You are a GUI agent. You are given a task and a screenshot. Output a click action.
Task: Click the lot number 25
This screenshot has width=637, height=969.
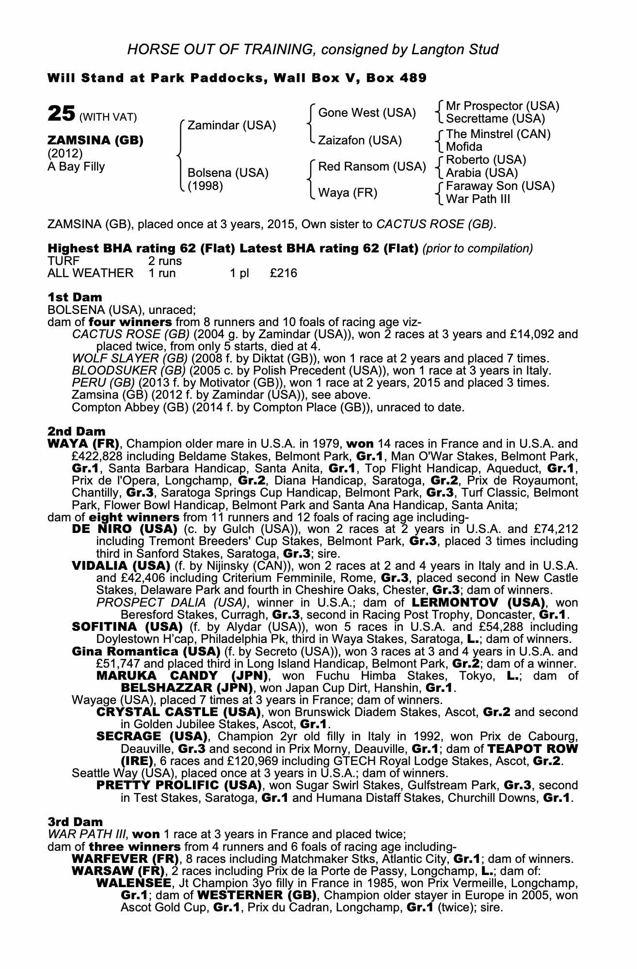coord(61,114)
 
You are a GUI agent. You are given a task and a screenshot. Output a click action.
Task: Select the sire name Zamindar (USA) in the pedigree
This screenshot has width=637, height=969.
coord(231,125)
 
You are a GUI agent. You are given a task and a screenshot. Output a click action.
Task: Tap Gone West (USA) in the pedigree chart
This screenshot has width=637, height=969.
coord(366,113)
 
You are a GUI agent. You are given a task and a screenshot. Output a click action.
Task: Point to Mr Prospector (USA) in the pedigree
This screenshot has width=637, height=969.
coord(502,106)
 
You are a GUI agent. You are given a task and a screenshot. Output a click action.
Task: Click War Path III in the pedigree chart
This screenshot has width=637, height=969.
coord(478,199)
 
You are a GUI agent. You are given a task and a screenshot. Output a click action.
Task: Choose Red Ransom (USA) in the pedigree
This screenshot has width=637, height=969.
coord(371,167)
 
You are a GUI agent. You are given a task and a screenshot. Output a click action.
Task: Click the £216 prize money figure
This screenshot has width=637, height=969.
coord(284,273)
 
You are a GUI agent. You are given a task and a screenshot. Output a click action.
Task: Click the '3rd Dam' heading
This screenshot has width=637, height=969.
coord(69,822)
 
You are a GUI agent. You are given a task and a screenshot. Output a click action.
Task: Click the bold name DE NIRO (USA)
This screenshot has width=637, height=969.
coord(124,529)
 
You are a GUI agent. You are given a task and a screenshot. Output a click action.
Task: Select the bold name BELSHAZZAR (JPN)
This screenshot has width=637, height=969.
coord(187,688)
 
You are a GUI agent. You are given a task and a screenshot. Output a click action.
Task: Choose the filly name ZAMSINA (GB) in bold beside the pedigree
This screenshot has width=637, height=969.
coord(96,141)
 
